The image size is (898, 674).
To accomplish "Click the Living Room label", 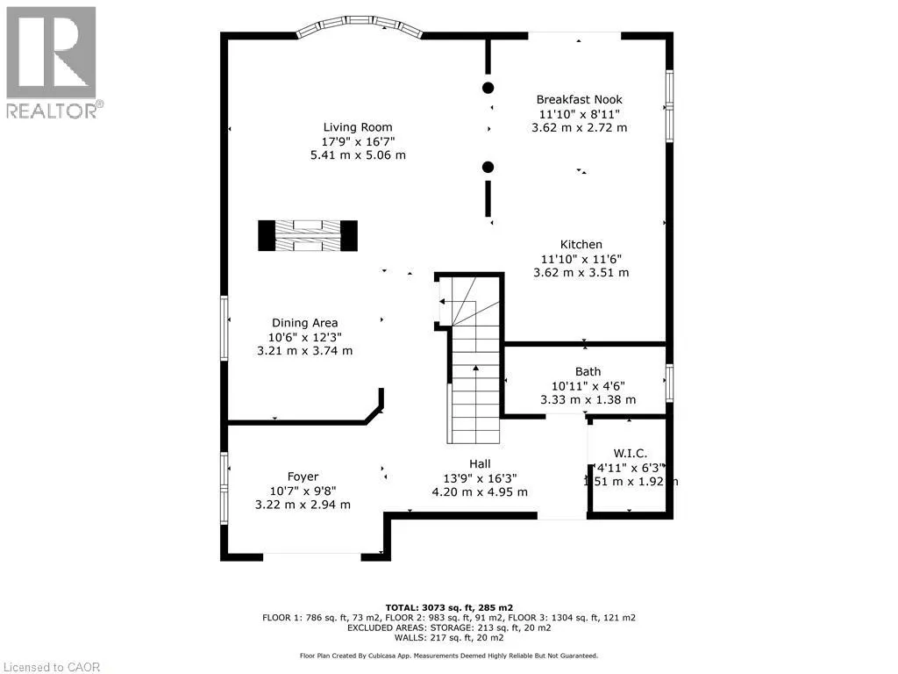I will (357, 126).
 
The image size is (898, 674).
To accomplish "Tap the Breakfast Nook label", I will (579, 99).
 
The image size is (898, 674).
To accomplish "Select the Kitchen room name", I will (581, 244).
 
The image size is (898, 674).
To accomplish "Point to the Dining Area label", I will (304, 322).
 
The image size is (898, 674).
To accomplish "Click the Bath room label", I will (588, 371).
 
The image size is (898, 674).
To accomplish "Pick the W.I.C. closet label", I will (631, 453).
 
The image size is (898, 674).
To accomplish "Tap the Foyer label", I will (303, 477).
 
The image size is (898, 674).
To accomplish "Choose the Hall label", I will (479, 463).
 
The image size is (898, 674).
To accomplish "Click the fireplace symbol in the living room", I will (308, 235).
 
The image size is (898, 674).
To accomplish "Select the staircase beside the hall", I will (474, 386).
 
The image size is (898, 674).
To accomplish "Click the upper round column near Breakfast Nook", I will (488, 87).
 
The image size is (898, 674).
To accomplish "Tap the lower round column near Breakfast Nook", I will (488, 167).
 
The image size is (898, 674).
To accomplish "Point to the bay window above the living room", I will (360, 29).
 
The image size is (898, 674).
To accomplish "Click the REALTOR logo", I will (52, 61).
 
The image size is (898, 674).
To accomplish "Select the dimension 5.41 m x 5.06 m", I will (358, 155).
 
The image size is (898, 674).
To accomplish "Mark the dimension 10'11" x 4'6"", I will (588, 385).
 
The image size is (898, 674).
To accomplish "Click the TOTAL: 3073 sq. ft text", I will (449, 607).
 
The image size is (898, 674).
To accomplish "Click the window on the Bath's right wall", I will (669, 384).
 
